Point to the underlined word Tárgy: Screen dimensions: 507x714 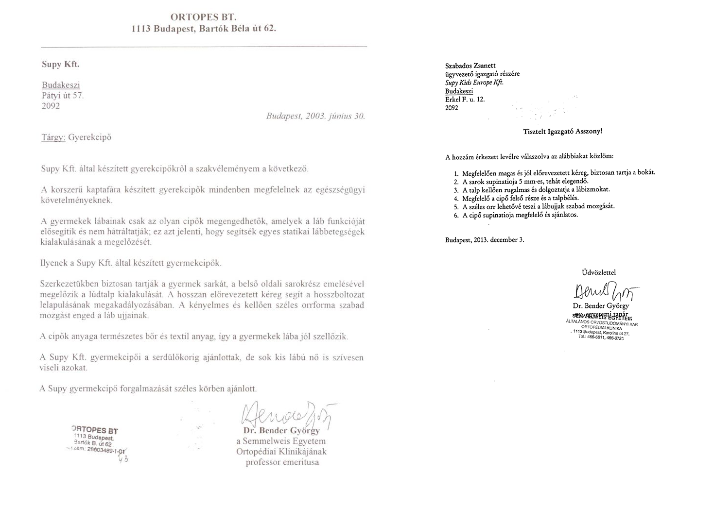(53, 137)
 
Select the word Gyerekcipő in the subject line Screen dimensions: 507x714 (90, 137)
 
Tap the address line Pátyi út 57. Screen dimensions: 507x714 (63, 96)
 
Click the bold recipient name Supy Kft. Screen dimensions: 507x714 (60, 64)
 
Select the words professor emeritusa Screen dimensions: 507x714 (282, 462)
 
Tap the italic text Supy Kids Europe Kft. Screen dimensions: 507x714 (474, 83)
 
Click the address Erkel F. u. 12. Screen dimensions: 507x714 (465, 100)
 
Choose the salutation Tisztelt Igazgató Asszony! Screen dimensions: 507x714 (562, 132)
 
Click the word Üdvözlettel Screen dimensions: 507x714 (598, 272)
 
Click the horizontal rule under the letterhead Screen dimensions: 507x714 (204, 47)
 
